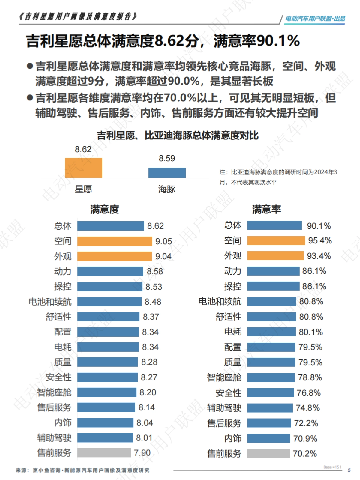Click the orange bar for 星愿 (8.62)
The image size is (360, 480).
[83, 168]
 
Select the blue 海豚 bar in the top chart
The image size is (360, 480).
[167, 173]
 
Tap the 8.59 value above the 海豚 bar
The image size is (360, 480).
[167, 158]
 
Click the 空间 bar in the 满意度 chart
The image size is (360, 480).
[115, 241]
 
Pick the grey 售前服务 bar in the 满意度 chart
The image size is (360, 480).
[104, 453]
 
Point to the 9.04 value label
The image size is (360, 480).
[163, 257]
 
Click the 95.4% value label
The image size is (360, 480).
[320, 241]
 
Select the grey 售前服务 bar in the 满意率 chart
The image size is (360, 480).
[268, 454]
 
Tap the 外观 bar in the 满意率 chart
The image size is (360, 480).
[275, 256]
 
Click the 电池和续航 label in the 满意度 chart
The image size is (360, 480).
[50, 302]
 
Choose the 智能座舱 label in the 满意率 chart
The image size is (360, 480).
[224, 377]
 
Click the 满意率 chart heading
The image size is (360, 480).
[266, 209]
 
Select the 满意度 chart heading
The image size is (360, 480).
[105, 209]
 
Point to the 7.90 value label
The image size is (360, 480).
[142, 453]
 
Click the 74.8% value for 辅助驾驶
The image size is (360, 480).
[308, 408]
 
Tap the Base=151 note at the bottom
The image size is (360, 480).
[332, 467]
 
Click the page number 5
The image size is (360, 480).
[349, 470]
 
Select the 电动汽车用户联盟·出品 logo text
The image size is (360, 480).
[315, 19]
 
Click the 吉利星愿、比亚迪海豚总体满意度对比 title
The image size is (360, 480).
[178, 136]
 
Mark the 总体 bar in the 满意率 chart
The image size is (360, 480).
[274, 225]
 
